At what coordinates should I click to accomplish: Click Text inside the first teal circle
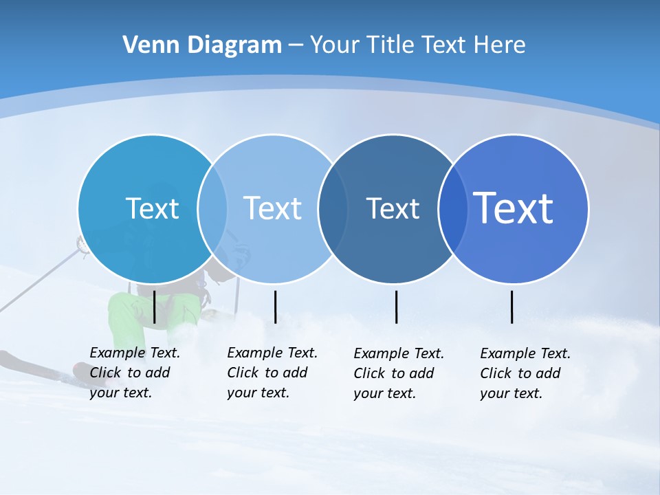click(152, 208)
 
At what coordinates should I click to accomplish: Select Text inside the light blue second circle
click(273, 208)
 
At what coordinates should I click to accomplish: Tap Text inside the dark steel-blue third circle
click(393, 208)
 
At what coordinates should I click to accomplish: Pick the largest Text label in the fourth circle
click(514, 208)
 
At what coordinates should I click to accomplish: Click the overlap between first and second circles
click(212, 208)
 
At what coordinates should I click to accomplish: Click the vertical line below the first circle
click(155, 307)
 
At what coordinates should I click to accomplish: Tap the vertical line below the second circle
click(275, 307)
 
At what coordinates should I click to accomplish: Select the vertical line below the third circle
click(396, 307)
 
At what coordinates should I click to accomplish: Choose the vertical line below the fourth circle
click(511, 307)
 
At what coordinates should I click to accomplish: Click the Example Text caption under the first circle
click(134, 373)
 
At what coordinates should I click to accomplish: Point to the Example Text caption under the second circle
click(272, 373)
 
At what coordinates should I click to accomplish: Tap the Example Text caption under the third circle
click(398, 373)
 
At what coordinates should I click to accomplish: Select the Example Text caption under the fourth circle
click(525, 373)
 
